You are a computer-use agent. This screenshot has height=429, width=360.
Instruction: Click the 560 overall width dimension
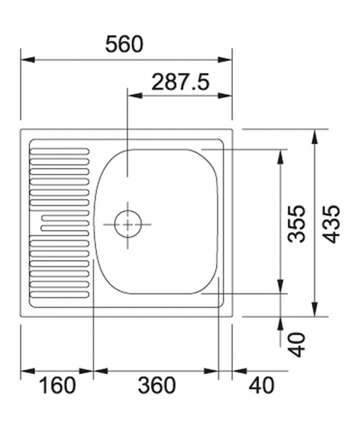(124, 45)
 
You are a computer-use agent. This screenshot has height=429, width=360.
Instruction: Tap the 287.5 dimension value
(180, 82)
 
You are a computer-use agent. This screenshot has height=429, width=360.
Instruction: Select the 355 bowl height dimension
(297, 223)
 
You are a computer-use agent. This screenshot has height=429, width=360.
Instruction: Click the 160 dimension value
(57, 385)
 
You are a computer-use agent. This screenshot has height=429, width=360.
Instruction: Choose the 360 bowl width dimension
(156, 385)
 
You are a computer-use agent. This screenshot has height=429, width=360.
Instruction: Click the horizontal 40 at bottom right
(261, 385)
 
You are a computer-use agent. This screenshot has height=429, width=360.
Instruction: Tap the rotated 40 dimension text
(297, 345)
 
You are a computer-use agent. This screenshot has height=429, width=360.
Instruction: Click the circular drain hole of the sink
(128, 224)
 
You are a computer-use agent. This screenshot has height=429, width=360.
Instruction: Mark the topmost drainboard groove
(59, 151)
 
